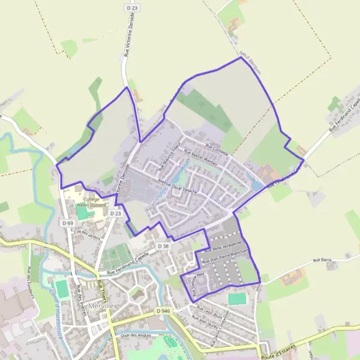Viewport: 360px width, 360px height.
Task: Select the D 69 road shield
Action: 68,223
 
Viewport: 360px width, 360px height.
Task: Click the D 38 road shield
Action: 164,246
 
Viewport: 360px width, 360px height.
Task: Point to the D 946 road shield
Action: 163,311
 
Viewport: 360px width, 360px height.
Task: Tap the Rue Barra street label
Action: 322,261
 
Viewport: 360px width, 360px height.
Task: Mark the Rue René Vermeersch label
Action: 223,245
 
